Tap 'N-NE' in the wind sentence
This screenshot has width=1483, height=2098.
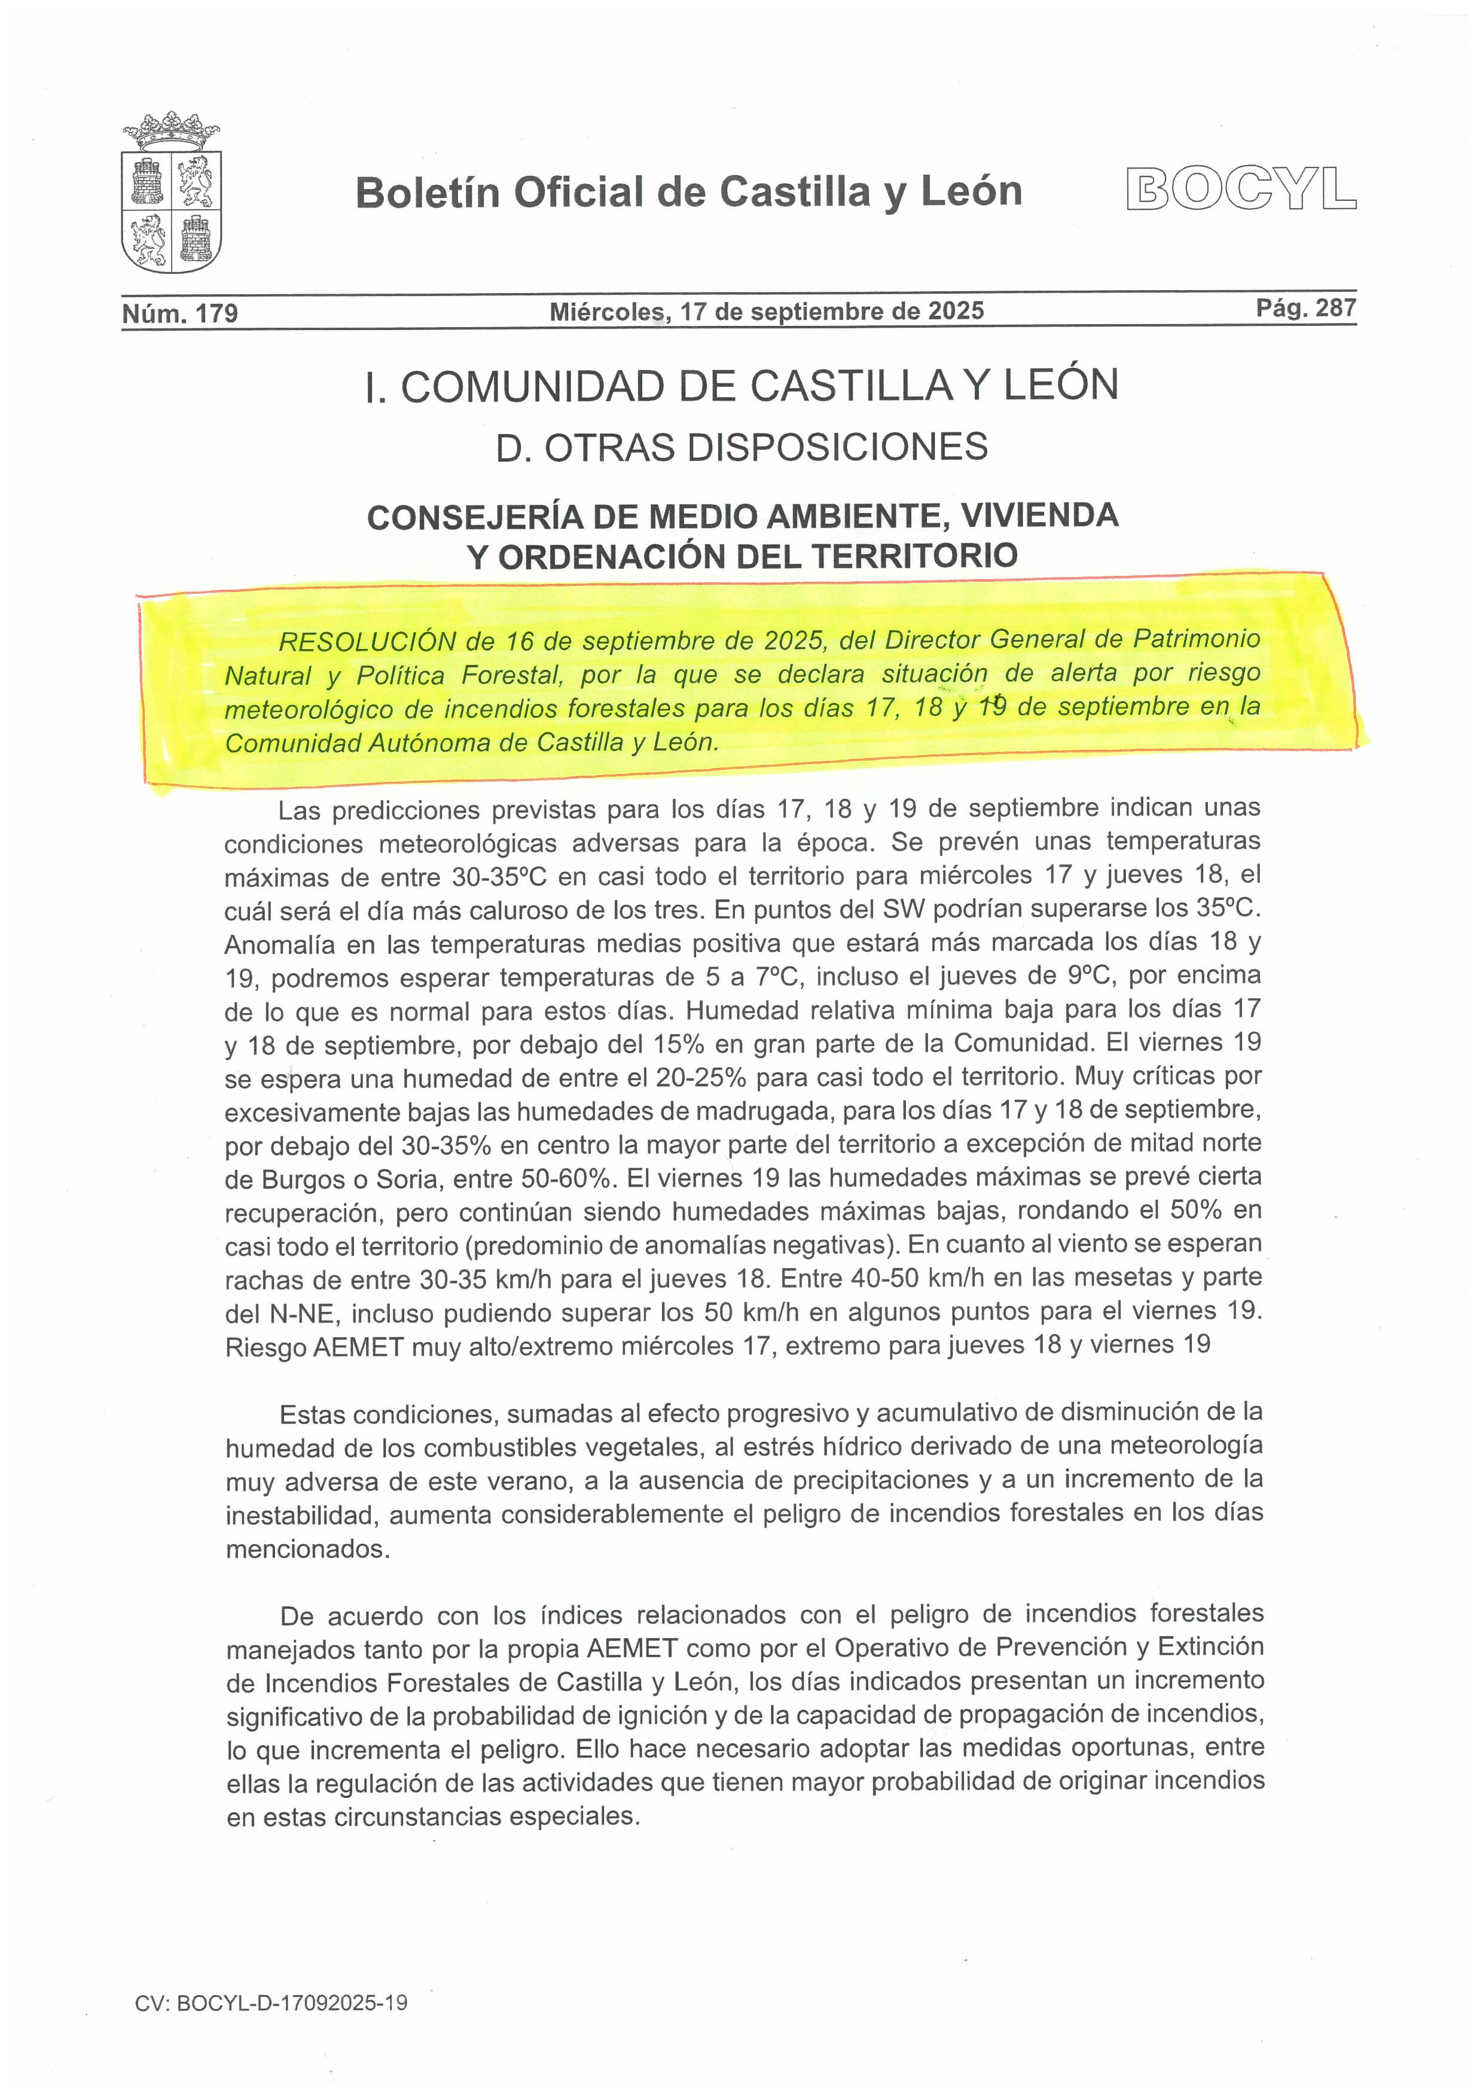point(305,1313)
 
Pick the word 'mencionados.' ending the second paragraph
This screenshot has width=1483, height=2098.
point(308,1549)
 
